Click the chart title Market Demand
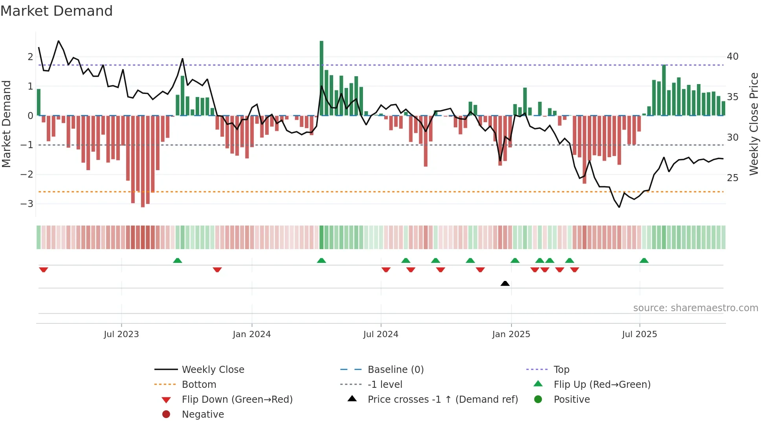coord(57,11)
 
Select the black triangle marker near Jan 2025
coord(505,283)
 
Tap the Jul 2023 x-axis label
coord(121,334)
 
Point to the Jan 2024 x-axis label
coord(251,334)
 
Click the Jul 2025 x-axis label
coord(639,334)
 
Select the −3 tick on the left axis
coord(27,204)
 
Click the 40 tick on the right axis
coord(733,57)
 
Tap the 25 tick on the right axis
coord(733,178)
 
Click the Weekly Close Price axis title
coord(753,124)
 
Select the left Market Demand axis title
coord(6,124)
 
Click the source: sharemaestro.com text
coord(695,308)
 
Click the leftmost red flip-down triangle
coord(44,270)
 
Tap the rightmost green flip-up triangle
coord(644,261)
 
